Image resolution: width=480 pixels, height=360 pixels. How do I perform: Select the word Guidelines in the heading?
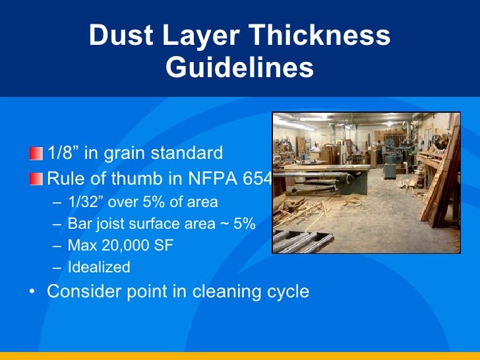239,67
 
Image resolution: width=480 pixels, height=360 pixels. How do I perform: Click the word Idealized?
99,268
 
